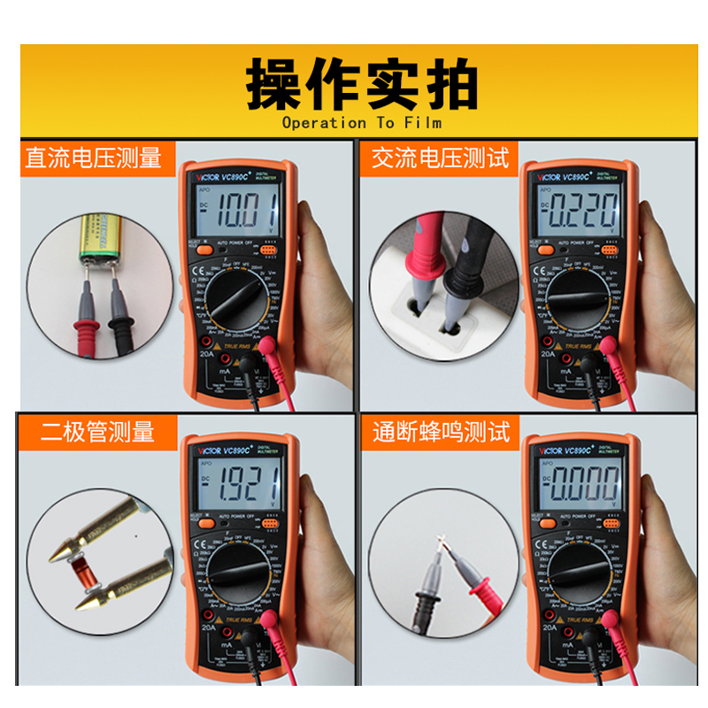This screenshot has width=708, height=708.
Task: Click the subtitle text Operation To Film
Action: click(x=362, y=123)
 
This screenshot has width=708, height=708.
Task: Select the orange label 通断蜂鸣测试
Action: click(x=440, y=432)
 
